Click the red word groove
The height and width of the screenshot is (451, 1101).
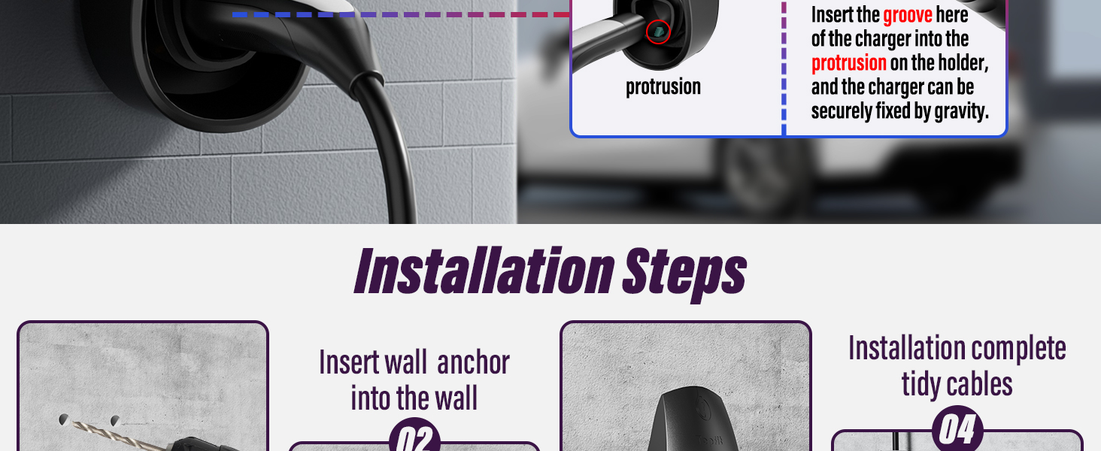(907, 15)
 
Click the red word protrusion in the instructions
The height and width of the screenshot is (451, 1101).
(849, 63)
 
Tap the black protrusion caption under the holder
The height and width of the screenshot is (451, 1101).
(663, 87)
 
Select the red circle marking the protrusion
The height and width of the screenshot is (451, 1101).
(658, 32)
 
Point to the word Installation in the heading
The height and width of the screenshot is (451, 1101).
(484, 271)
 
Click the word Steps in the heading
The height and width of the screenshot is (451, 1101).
(684, 273)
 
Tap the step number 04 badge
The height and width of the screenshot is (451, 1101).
(957, 429)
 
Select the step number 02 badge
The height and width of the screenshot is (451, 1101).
(414, 435)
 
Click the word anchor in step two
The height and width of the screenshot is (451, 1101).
(473, 362)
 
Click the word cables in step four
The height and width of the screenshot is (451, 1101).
(981, 384)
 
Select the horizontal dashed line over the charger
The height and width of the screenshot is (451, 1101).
(401, 15)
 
